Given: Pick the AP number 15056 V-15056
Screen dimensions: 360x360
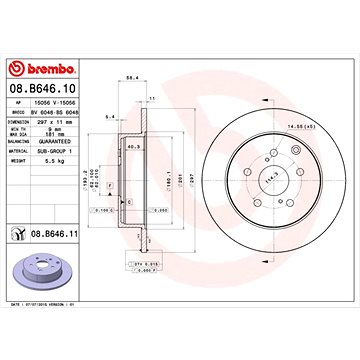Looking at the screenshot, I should (x=78, y=106).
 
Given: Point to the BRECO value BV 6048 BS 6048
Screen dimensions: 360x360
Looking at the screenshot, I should (x=78, y=115).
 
